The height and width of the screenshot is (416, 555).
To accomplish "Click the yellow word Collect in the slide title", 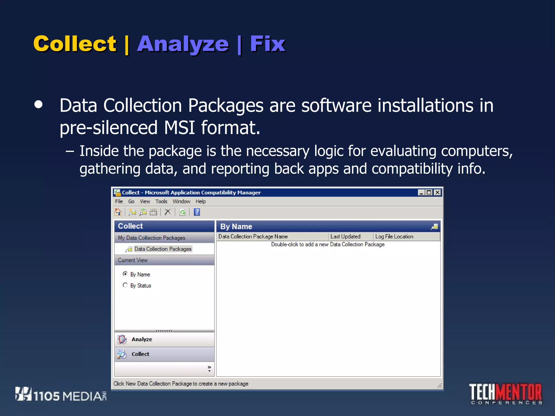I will coord(75,44).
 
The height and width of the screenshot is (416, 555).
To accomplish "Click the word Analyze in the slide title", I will coord(183,44).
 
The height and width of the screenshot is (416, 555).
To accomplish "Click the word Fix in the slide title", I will coord(267,44).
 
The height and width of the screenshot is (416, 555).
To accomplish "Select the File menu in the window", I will coord(119,201).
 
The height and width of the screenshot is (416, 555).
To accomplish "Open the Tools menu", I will coord(161,201).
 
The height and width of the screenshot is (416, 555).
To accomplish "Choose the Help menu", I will coord(201,201).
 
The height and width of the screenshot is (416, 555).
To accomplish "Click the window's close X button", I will coord(437,193).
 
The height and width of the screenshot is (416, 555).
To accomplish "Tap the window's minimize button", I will coord(421,193).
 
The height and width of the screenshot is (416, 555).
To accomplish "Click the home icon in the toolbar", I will coord(118,212).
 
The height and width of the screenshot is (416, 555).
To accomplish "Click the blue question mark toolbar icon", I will coord(197,212).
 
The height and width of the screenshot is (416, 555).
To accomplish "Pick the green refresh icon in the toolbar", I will coord(183,212).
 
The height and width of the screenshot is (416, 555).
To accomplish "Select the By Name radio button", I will coord(125,274).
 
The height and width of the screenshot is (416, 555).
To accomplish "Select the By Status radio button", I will coord(125,285).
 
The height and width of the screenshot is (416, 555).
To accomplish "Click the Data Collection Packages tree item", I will coord(163,249).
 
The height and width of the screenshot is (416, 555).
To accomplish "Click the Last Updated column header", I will coord(345,236).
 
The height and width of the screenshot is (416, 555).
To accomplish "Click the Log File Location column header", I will coord(394,236).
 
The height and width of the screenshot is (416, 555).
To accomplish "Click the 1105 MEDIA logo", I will coord(61,395).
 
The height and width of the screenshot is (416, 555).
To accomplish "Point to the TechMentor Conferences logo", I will coord(506,394).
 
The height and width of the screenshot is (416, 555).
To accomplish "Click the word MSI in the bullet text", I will coord(179,128).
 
